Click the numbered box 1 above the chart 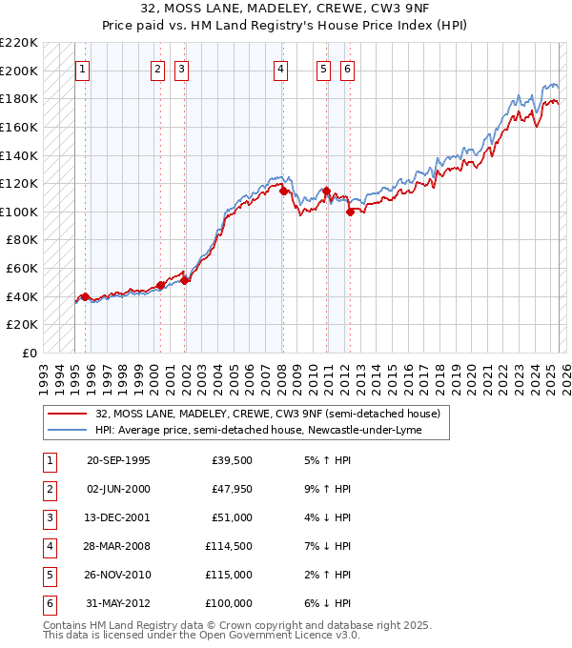83,69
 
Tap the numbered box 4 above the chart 280,69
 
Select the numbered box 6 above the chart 347,69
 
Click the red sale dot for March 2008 283,192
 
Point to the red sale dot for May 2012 350,213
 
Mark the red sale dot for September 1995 85,297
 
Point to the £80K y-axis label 22,240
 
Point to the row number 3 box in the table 49,518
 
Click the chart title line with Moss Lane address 286,9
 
